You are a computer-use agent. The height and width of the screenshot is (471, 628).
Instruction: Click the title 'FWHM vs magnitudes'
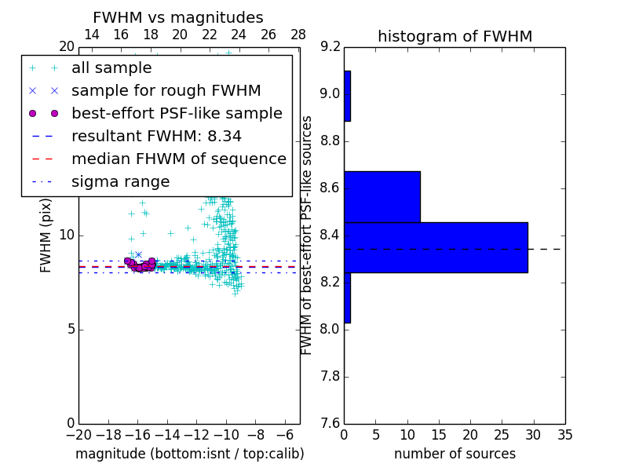coord(178,18)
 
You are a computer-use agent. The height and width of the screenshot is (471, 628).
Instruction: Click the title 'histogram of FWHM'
coord(455,37)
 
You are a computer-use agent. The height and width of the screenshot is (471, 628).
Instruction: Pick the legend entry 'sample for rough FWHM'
coord(166,91)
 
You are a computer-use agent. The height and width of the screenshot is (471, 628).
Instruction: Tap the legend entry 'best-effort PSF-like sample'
coord(177,114)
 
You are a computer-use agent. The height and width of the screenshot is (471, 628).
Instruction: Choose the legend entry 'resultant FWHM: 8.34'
coord(156,137)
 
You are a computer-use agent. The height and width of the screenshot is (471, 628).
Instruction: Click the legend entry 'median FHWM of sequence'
coord(178,159)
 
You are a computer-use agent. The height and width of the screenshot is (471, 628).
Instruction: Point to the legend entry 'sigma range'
coord(120,182)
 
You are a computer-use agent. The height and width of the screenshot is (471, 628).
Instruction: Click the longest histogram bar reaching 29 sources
coord(436,247)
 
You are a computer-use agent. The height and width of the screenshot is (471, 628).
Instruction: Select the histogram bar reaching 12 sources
coord(382,197)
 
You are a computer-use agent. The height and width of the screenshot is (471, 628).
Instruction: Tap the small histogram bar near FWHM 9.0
coord(347,96)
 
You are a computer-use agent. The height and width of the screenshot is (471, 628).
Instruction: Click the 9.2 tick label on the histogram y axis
coord(330,47)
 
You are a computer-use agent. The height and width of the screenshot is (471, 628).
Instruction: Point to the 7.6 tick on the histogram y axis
coord(330,423)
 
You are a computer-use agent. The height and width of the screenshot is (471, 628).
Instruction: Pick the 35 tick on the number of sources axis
coord(564,434)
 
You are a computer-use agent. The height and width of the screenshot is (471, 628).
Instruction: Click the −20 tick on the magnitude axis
coord(78,434)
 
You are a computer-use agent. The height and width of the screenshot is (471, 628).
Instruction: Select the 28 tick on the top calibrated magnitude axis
coord(298,35)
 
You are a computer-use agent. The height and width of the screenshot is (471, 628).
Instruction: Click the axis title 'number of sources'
coord(455,454)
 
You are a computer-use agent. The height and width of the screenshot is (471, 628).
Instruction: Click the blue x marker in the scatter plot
coord(138,254)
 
